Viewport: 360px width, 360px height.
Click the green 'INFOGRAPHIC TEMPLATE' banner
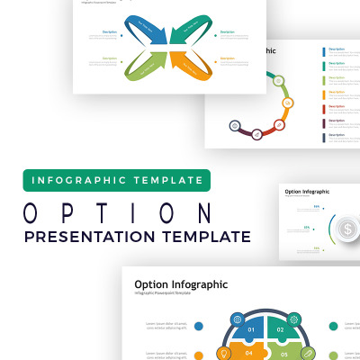[117, 180]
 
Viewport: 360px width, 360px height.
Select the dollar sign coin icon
[346, 229]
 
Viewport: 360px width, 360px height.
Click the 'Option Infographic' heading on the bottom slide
[181, 284]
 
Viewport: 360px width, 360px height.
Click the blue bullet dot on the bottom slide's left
[199, 326]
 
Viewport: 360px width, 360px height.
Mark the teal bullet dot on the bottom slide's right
[333, 326]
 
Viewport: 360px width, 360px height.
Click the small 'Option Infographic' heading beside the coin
[307, 192]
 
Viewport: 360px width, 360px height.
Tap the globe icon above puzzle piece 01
[237, 319]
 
